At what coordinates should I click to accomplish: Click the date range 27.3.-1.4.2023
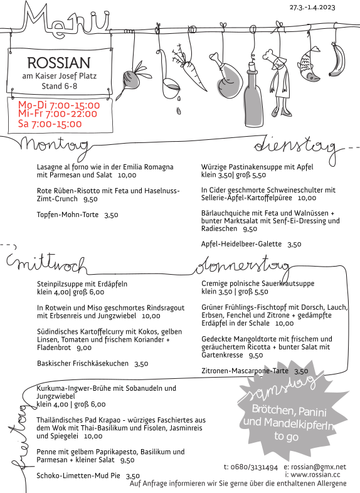coord(312,8)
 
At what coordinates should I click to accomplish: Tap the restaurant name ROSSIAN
coord(59,63)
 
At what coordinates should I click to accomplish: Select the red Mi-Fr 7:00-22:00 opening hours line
coord(58,114)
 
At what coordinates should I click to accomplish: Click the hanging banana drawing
coord(337,60)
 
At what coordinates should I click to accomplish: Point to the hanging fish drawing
coord(309,64)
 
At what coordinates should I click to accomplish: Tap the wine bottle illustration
coord(253,94)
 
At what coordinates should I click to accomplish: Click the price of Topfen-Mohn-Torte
coord(111,215)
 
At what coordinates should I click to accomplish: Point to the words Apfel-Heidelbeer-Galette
coord(241,244)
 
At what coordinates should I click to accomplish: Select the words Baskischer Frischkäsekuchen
coord(83,363)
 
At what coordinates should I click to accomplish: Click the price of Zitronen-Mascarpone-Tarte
coord(301,371)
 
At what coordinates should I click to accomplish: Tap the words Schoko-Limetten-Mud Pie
coord(78,475)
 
